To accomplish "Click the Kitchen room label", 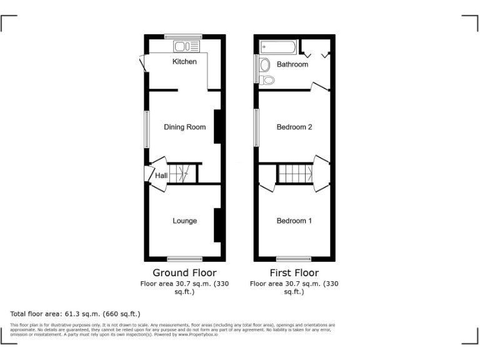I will [184, 61].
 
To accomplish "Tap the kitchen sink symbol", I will [186, 46].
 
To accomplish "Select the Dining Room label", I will [184, 127].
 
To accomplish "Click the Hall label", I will [161, 176].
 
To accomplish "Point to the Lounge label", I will [184, 221].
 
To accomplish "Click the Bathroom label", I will [292, 64].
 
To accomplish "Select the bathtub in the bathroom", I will [279, 47].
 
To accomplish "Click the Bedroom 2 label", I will [294, 127].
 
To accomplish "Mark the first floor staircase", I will [295, 173].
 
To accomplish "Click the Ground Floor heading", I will [184, 273].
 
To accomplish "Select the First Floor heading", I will [294, 273].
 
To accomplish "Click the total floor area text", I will [76, 314].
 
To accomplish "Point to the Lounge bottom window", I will [184, 259].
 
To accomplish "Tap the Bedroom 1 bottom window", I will [294, 259].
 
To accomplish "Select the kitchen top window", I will [184, 36].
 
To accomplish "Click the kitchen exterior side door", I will [144, 63].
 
